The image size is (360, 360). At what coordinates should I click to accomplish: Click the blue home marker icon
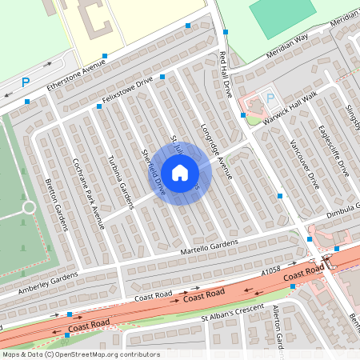point(180,173)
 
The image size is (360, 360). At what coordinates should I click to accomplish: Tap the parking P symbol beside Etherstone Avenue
point(26,82)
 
